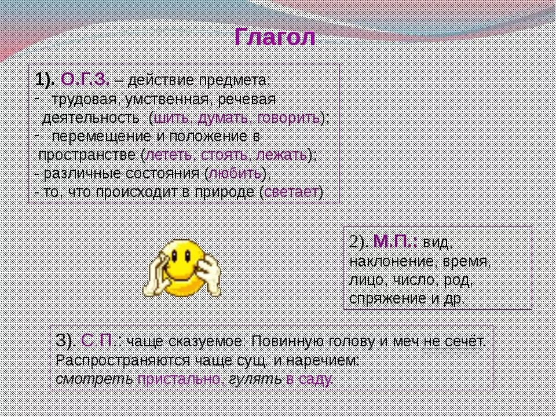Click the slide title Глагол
click(275, 38)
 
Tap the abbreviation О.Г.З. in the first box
click(85, 79)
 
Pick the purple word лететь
click(169, 155)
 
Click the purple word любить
click(235, 174)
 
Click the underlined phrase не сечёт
click(452, 341)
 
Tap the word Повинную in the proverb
click(284, 341)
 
